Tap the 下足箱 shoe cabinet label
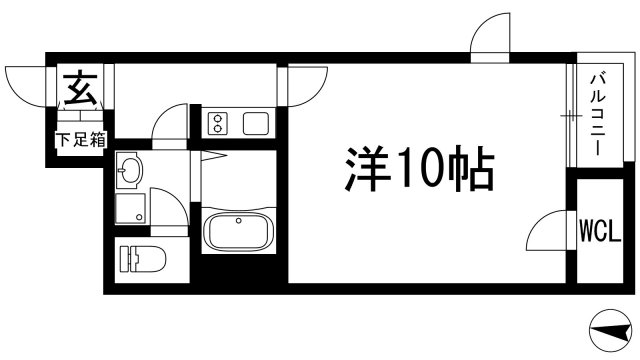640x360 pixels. pos(81,140)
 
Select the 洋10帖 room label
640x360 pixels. pos(419,169)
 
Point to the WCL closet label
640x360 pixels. pos(599,233)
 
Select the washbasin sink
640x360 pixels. pos(129,173)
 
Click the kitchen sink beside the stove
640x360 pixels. pos(255,124)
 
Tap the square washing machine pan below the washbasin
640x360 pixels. pos(129,209)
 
